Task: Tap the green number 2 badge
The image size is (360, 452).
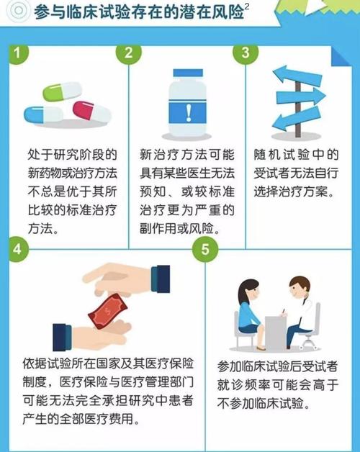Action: click(129, 53)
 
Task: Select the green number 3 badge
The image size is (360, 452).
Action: click(246, 53)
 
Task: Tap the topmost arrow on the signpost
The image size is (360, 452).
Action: click(292, 75)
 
